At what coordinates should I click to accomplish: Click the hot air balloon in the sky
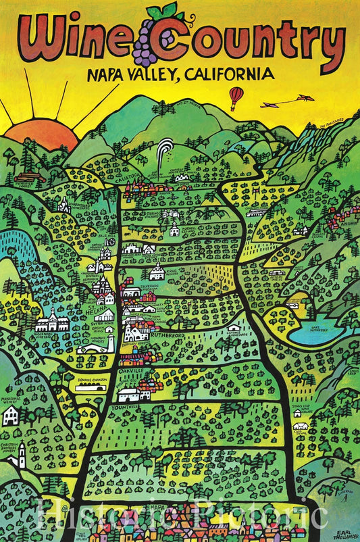(235, 96)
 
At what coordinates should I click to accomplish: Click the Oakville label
(131, 372)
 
